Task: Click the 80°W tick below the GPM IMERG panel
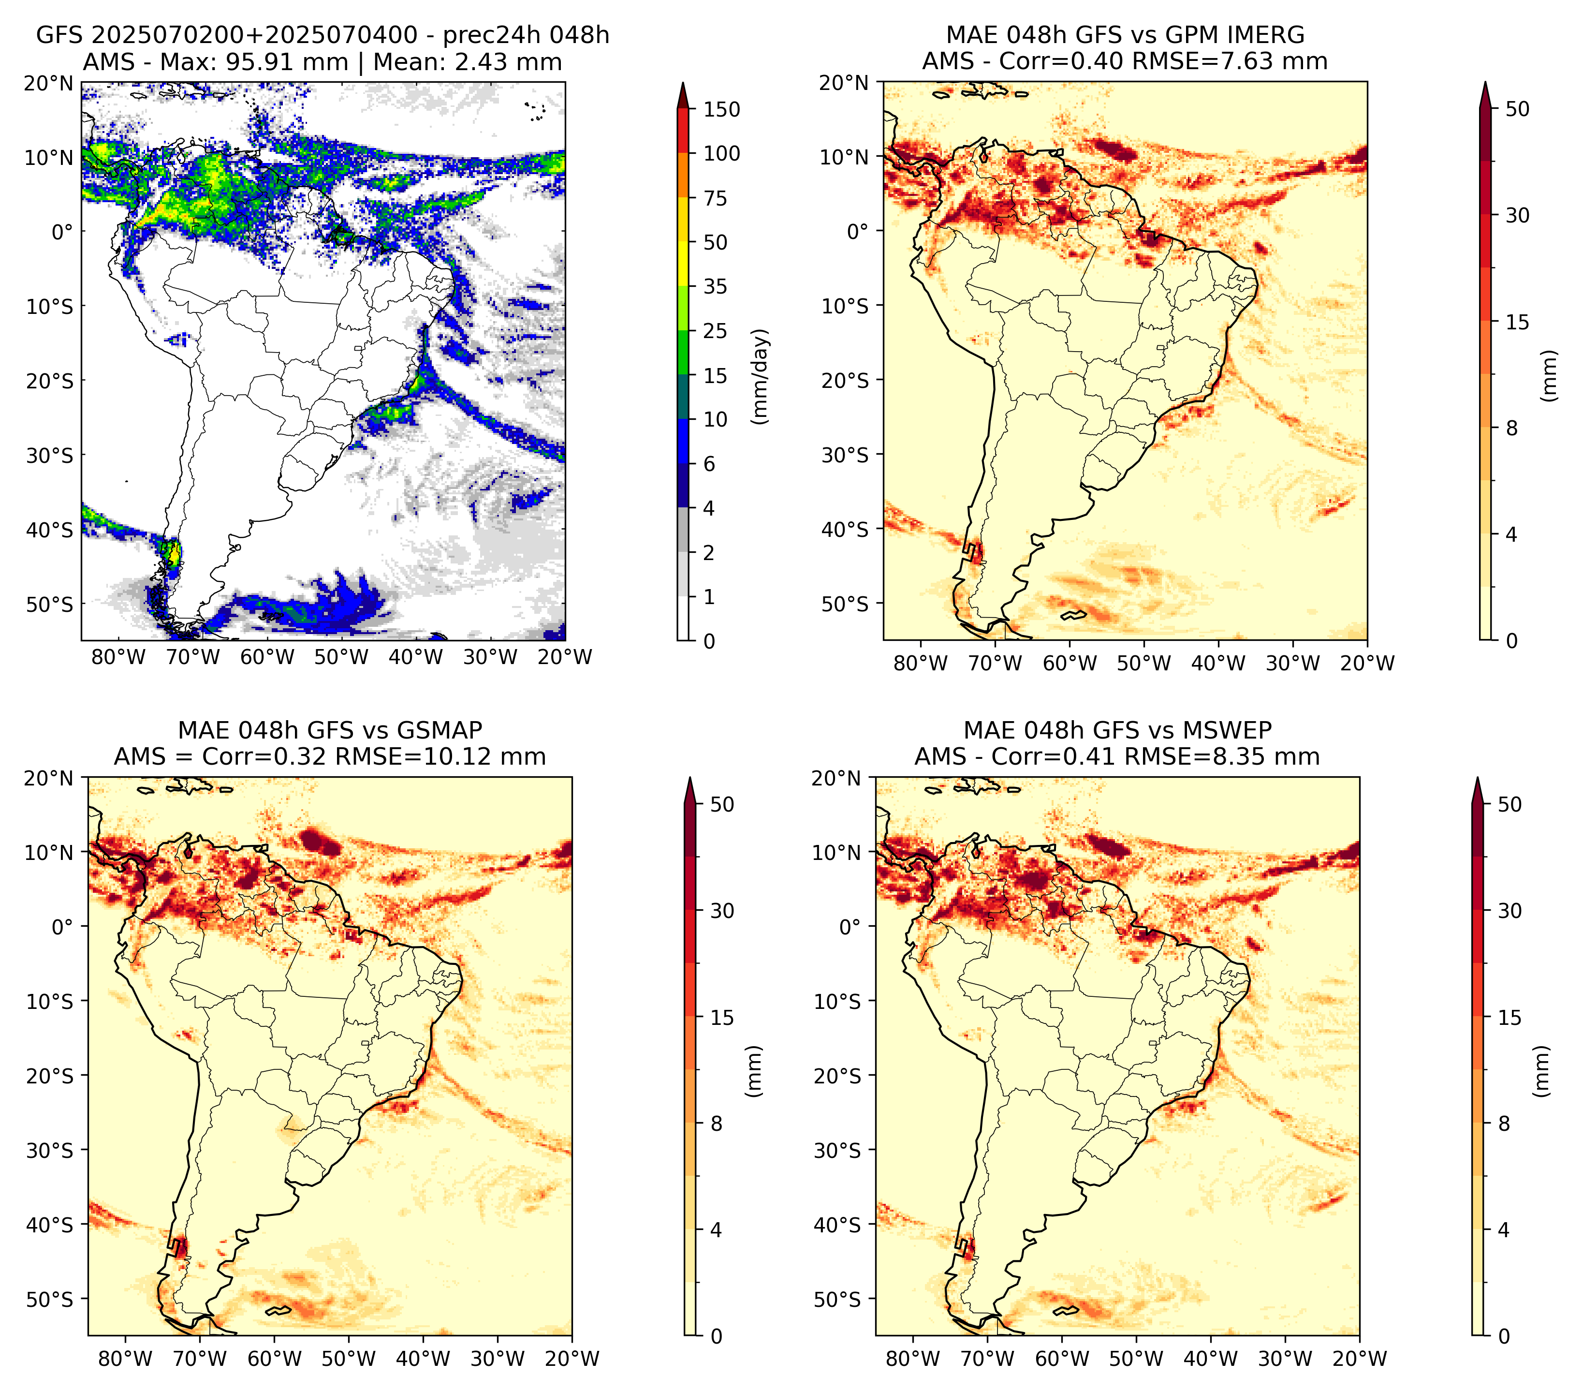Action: [x=921, y=663]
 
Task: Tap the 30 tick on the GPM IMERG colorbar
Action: [x=1517, y=215]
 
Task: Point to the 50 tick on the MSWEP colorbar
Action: [x=1510, y=805]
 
